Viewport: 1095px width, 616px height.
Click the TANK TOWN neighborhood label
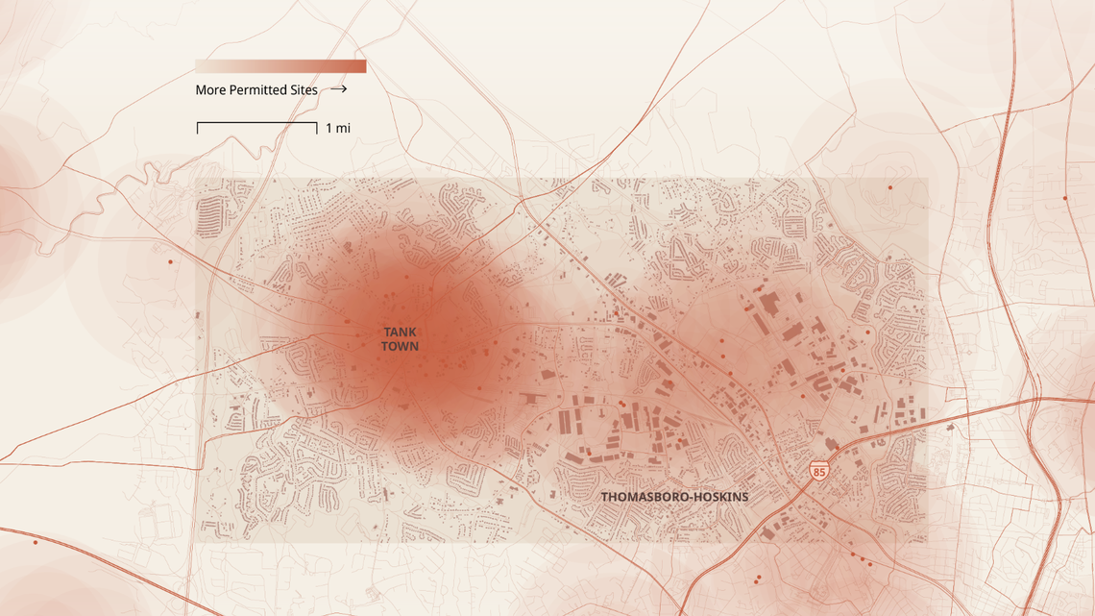click(400, 339)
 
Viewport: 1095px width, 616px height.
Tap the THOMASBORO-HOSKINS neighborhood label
click(674, 497)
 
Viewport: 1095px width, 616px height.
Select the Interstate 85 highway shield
click(818, 471)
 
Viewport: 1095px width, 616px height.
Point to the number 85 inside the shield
click(818, 472)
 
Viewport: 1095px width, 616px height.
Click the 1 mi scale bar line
click(257, 123)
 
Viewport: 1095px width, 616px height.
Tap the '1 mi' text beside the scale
click(338, 128)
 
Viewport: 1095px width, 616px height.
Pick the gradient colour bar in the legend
click(280, 66)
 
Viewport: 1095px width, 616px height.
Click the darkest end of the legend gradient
click(362, 66)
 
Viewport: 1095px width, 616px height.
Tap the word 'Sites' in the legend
click(304, 90)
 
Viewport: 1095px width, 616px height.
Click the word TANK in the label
click(400, 333)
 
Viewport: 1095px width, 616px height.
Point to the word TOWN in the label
click(400, 346)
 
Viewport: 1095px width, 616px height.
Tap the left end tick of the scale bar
click(198, 127)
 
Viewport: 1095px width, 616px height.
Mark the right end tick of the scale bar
click(317, 127)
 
